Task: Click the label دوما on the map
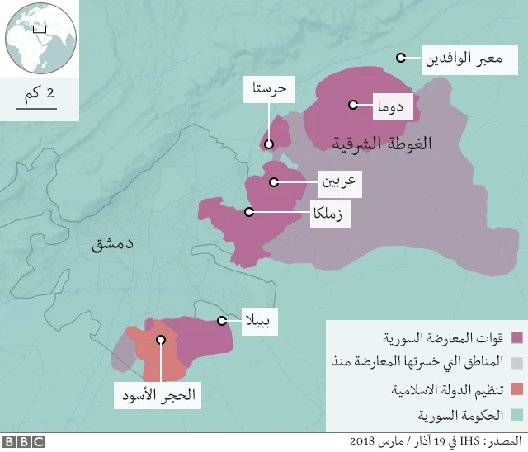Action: point(390,105)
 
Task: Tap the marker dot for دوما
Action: point(353,105)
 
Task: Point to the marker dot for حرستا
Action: point(269,144)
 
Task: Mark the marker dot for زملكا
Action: point(248,212)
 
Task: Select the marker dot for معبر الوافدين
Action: point(400,58)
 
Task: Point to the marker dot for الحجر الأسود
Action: point(161,339)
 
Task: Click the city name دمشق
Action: point(111,243)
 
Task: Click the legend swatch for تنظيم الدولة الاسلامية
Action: point(517,388)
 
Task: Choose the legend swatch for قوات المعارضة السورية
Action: point(517,338)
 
